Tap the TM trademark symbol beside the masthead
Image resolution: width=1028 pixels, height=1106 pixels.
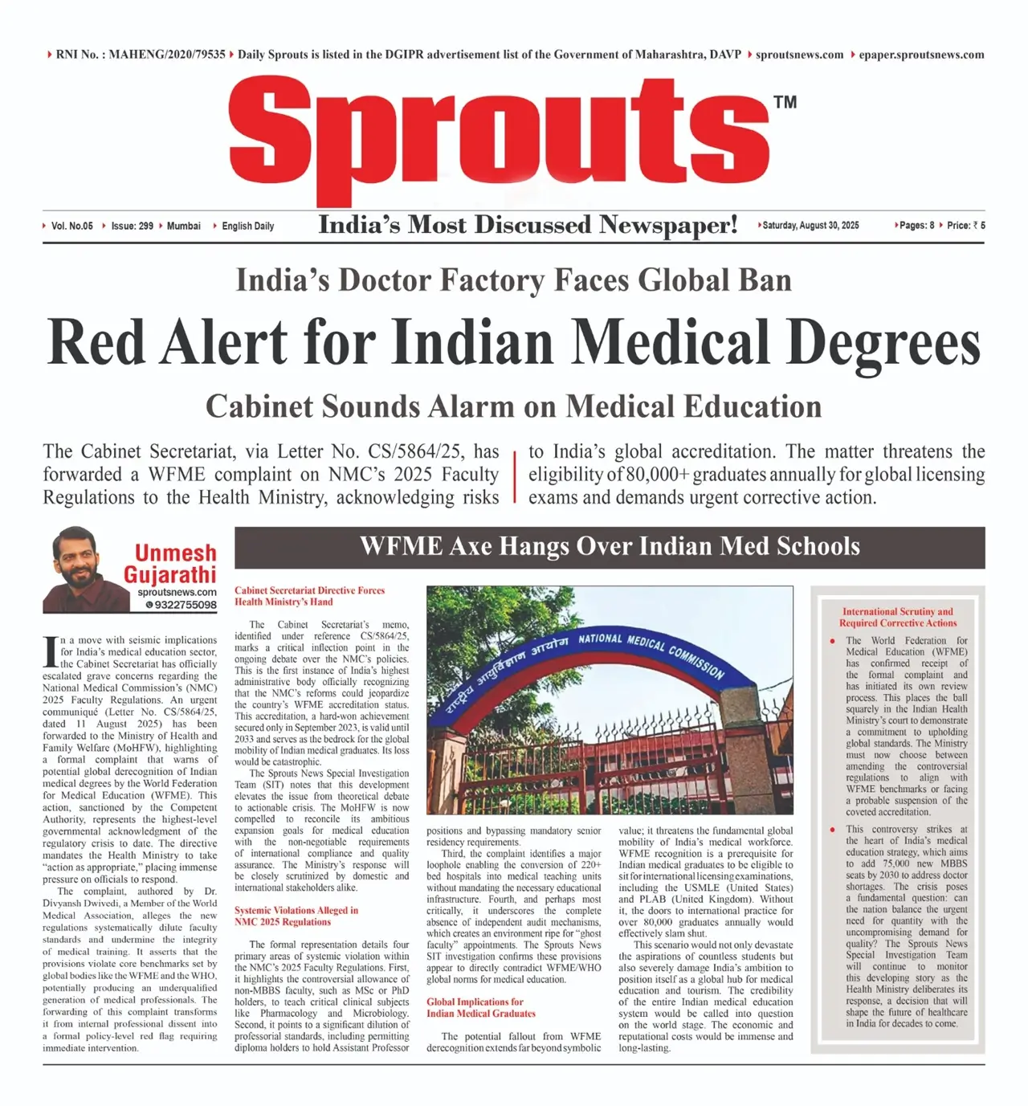[x=785, y=102]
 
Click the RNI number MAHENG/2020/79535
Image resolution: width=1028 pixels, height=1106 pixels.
[x=166, y=55]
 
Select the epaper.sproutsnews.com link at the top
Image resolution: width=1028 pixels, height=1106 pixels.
[x=920, y=55]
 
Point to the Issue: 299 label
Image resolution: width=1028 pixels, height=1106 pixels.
[x=132, y=226]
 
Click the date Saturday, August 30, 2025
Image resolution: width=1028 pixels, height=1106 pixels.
[x=810, y=226]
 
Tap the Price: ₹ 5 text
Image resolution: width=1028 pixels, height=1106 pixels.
[x=965, y=226]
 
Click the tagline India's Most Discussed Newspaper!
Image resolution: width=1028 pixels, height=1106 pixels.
[x=528, y=225]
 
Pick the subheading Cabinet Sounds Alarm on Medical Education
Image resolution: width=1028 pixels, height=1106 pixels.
[x=513, y=406]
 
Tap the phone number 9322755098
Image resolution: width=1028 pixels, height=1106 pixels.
[x=185, y=605]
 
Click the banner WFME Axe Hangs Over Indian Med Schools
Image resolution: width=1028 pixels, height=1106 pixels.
[x=610, y=547]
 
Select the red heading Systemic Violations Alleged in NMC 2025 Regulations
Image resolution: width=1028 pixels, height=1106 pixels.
[x=296, y=916]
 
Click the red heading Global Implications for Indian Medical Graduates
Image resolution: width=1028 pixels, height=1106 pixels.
[x=480, y=1007]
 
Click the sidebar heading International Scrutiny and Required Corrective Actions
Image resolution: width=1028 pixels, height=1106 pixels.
[x=898, y=617]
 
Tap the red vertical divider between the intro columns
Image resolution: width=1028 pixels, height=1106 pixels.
[x=514, y=475]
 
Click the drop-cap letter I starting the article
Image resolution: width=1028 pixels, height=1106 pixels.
[x=50, y=651]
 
